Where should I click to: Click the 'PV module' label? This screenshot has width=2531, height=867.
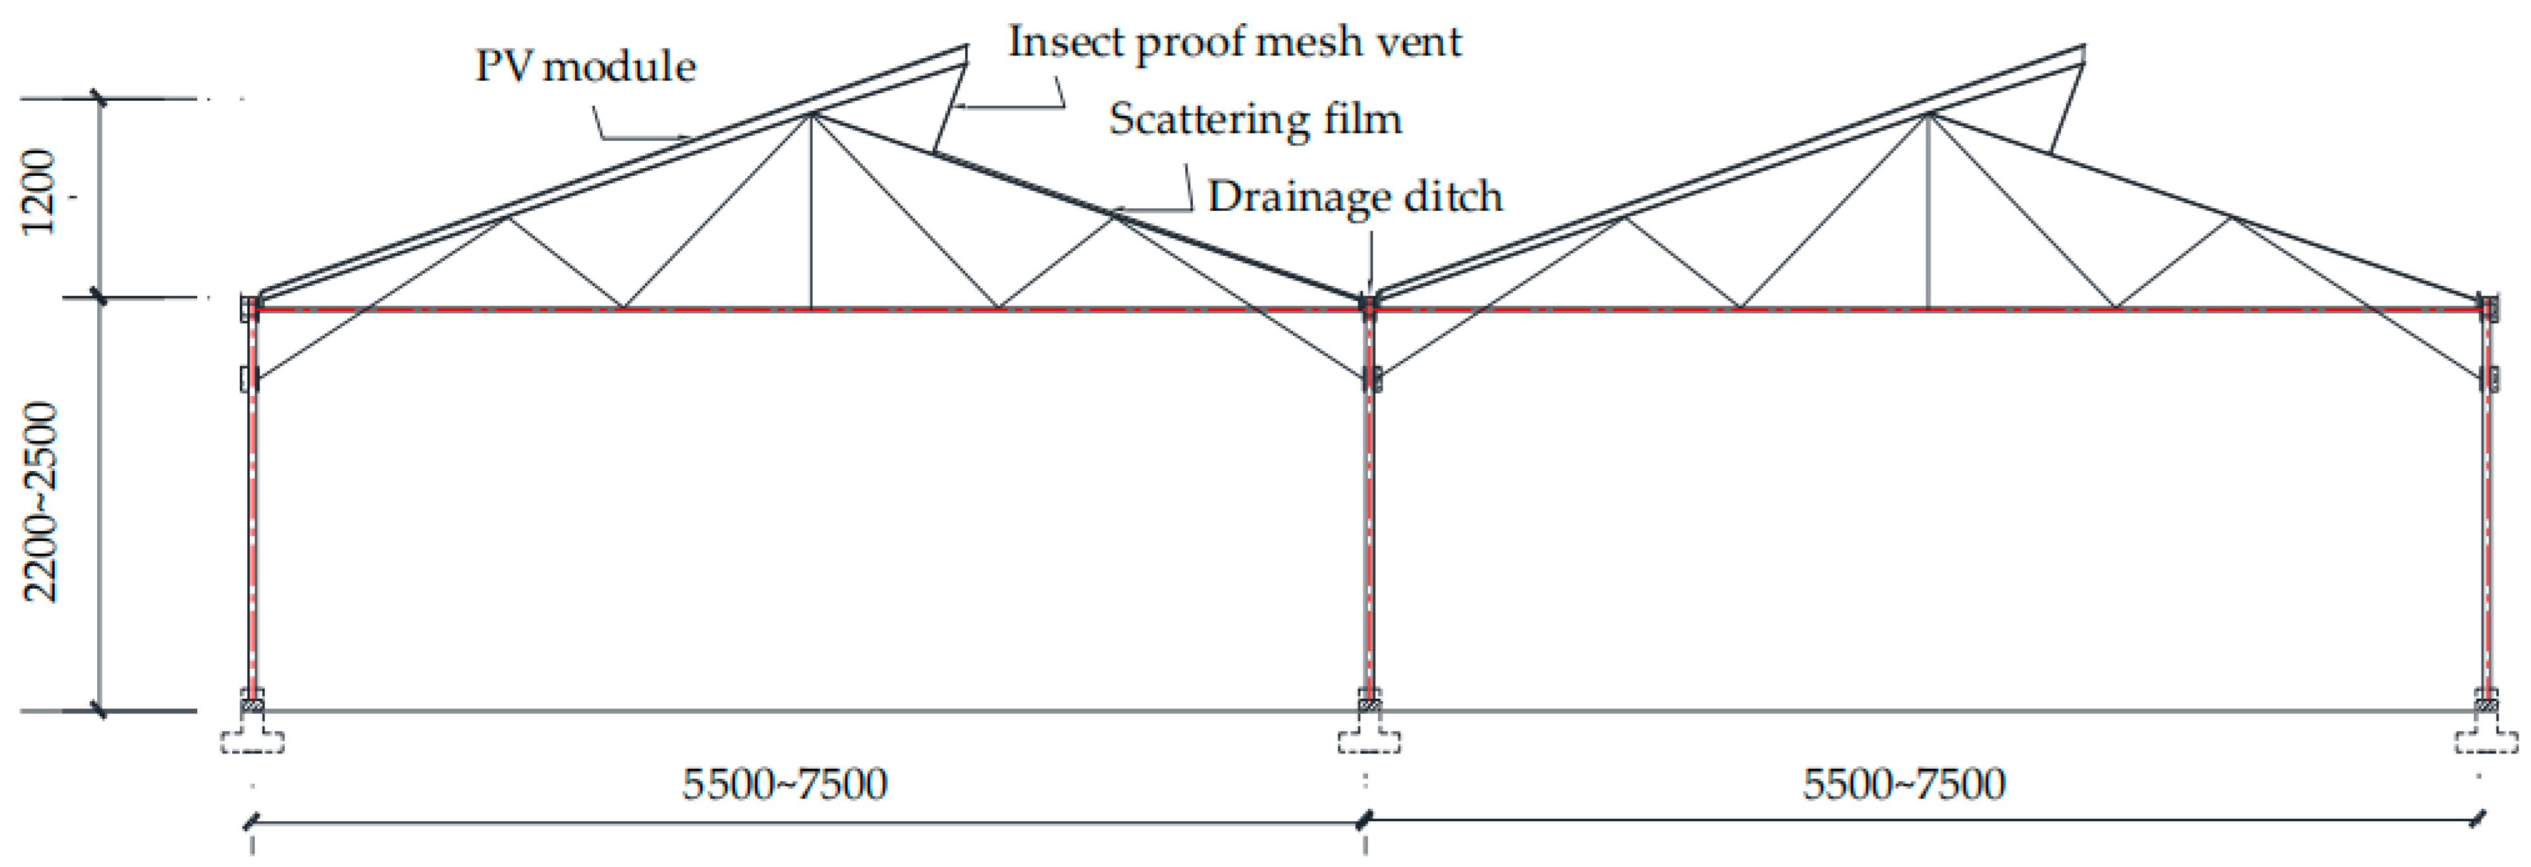point(585,67)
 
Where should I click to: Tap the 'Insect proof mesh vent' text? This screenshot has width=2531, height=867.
point(1235,42)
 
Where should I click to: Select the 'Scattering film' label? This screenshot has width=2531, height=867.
point(1255,119)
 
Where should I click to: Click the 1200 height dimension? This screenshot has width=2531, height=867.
point(39,193)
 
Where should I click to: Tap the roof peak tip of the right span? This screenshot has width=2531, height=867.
point(2083,49)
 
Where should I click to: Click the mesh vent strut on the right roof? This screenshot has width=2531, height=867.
point(2067,108)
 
